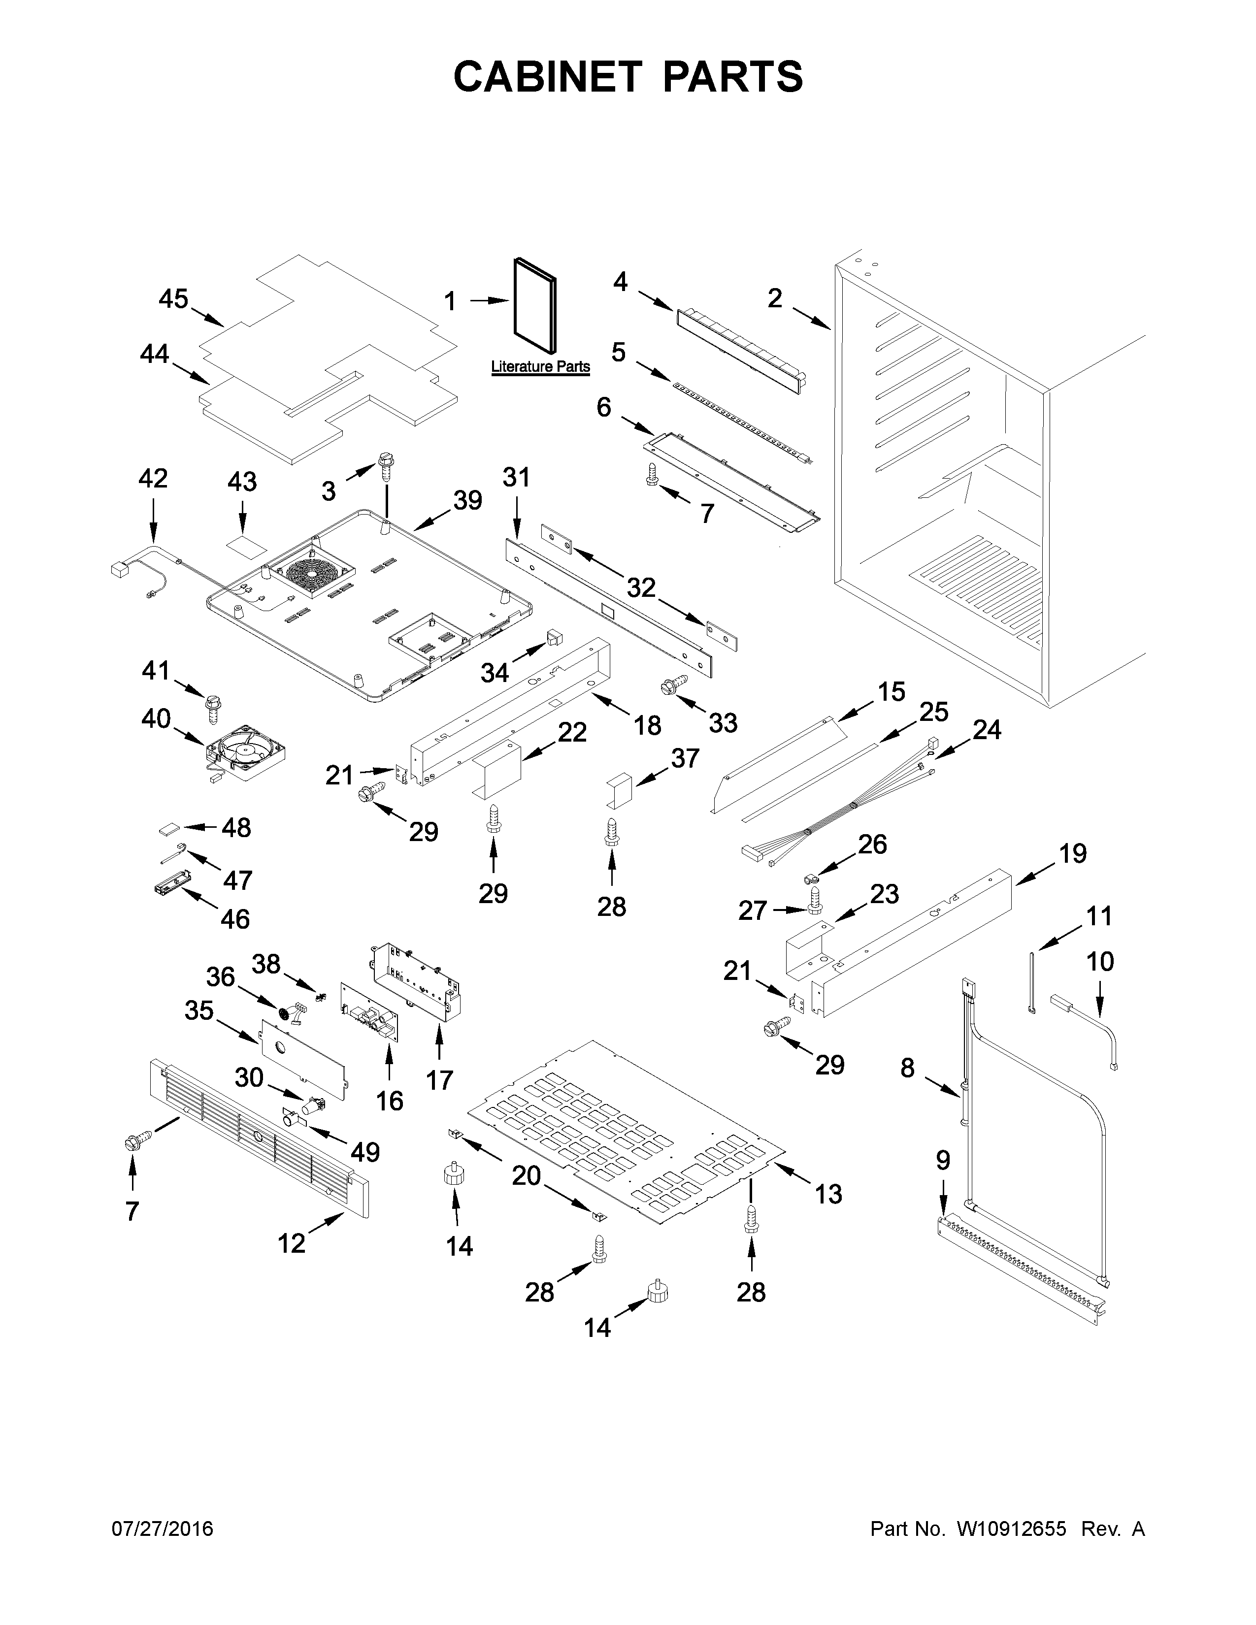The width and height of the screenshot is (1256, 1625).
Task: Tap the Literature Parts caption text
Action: pyautogui.click(x=540, y=367)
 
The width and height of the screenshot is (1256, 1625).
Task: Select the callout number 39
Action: pyautogui.click(x=468, y=501)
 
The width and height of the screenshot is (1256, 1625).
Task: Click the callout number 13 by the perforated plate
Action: pyautogui.click(x=828, y=1194)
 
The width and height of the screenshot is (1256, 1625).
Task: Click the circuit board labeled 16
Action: pyautogui.click(x=370, y=1014)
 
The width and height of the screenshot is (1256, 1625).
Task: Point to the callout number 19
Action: pyautogui.click(x=1073, y=853)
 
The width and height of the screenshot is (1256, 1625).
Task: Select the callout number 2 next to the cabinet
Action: pyautogui.click(x=775, y=298)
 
